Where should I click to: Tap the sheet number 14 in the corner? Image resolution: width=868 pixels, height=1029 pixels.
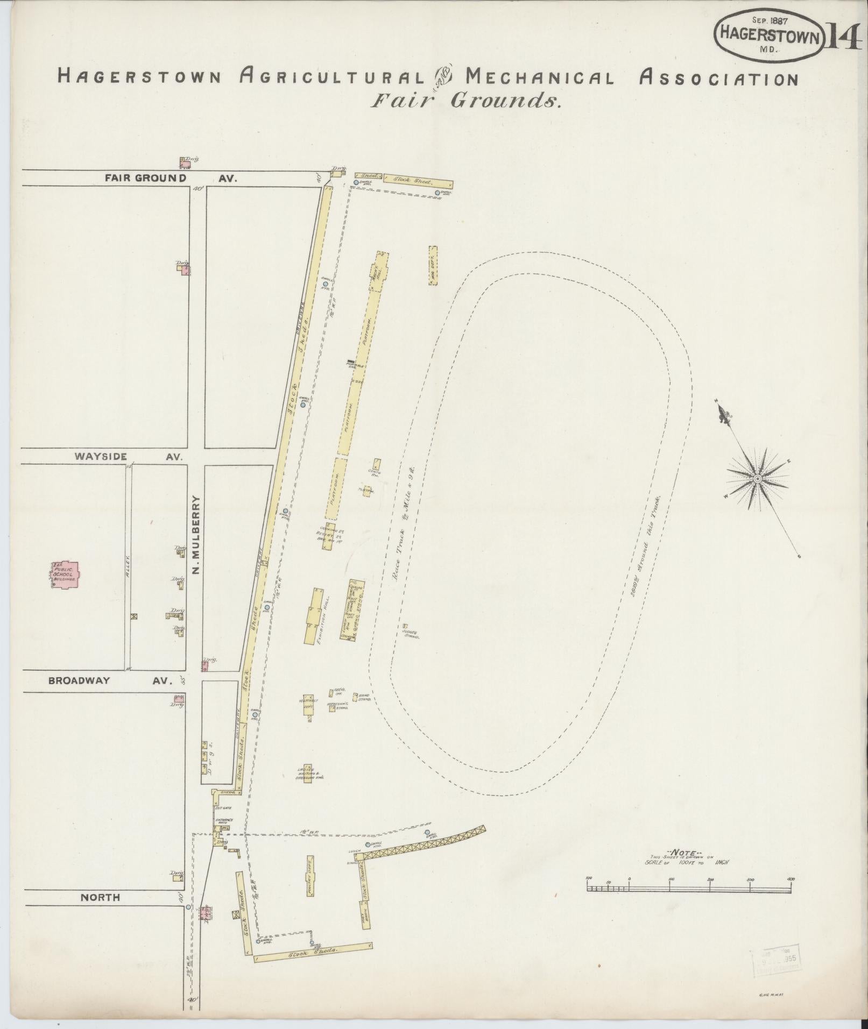pyautogui.click(x=842, y=37)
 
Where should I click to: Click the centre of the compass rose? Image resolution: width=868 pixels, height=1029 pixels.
pyautogui.click(x=757, y=478)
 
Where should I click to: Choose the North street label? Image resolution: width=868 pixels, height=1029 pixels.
pyautogui.click(x=100, y=897)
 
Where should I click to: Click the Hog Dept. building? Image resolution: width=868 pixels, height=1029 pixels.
pyautogui.click(x=433, y=265)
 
